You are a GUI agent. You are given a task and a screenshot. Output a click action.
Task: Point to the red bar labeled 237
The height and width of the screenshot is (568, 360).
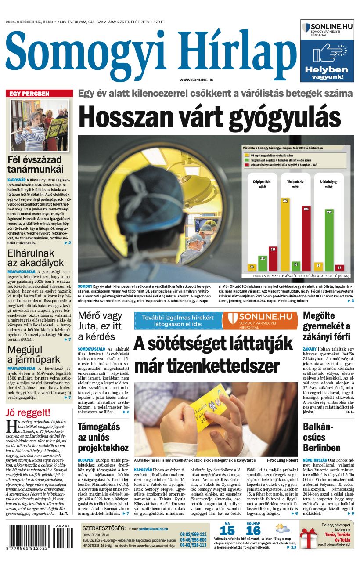(273, 259)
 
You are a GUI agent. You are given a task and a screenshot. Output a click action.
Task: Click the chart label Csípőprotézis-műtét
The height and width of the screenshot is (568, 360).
(262, 184)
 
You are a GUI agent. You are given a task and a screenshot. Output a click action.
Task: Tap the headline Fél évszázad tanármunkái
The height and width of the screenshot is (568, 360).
(36, 164)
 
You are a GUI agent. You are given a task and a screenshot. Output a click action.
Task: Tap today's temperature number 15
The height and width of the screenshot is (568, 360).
(227, 530)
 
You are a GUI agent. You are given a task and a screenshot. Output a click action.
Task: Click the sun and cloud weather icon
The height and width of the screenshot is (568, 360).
(283, 528)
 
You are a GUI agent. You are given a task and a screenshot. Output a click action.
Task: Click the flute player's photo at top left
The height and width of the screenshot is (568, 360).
(40, 125)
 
